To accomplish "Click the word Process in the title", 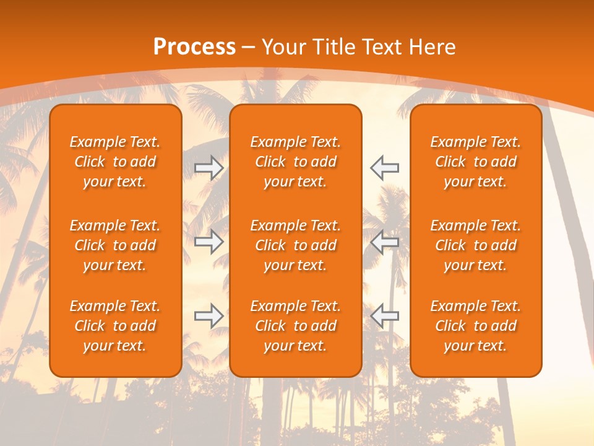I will (194, 47).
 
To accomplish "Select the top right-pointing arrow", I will (209, 168).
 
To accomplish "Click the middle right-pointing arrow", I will (209, 242).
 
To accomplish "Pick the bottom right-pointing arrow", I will (209, 316).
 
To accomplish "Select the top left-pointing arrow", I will (385, 168).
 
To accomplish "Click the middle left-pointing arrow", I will (385, 242).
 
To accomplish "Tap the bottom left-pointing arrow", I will (385, 316).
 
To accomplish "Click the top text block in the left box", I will (115, 162).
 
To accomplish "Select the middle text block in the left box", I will (115, 245).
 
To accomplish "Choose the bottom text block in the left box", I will (115, 326).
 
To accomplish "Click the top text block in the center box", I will (295, 162).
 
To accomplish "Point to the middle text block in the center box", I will (295, 245).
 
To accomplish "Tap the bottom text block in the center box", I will (295, 326).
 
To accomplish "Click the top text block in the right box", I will (476, 162).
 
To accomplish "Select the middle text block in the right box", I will (476, 245).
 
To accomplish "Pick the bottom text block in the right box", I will (476, 326).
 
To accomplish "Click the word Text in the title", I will (384, 47).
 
